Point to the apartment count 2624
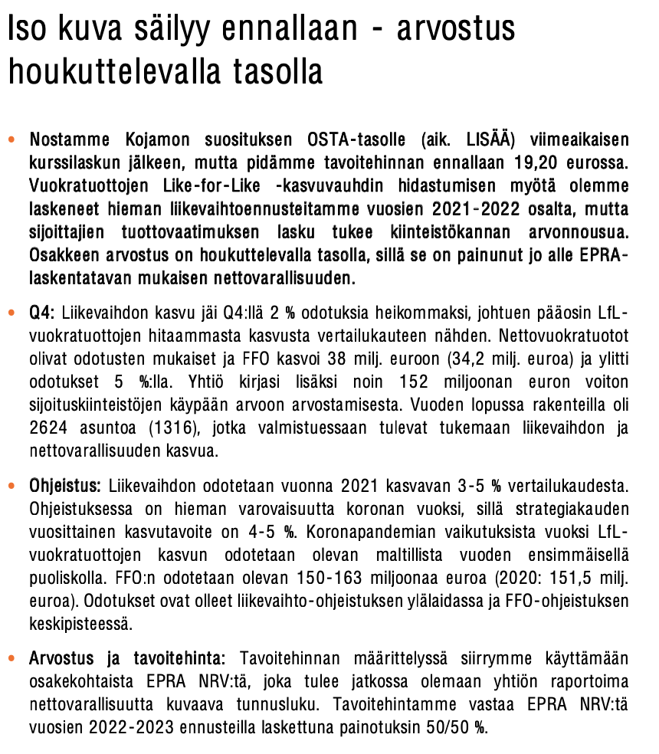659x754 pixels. coord(50,428)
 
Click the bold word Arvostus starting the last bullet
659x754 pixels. coord(61,659)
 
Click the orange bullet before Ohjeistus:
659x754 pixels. coord(11,487)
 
